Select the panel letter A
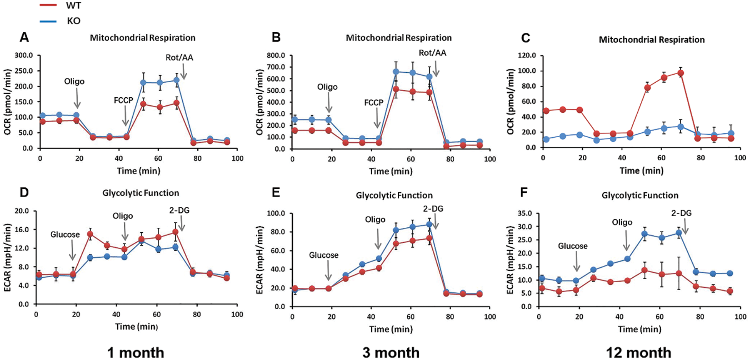(x=24, y=37)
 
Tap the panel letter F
(x=523, y=192)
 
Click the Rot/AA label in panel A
(x=179, y=58)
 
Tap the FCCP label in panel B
(x=374, y=103)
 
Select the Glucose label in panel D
(x=65, y=235)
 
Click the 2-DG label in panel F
(x=681, y=213)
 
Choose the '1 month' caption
(x=135, y=352)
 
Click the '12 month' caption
(x=638, y=352)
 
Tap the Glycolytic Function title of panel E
(x=394, y=195)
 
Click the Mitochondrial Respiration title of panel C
(x=652, y=40)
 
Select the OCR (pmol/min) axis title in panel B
(x=260, y=102)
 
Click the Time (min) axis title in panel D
(x=136, y=326)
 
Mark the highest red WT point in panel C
(x=680, y=73)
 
